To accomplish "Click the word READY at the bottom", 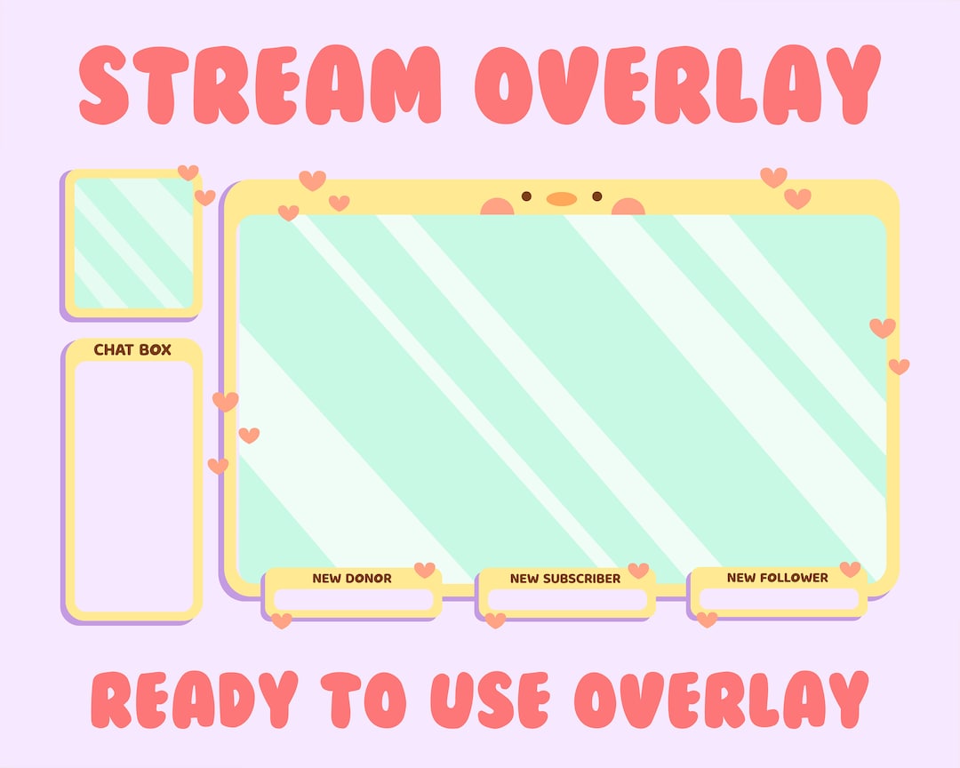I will point(195,700).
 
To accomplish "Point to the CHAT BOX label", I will point(132,350).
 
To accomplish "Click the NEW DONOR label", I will point(352,579).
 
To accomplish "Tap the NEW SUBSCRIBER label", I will point(565,579).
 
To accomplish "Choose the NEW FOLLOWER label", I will point(778,578).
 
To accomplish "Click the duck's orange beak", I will point(561,199).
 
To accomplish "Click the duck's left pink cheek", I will point(497,207).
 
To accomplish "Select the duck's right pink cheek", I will point(628,207).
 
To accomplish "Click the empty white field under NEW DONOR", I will point(353,600).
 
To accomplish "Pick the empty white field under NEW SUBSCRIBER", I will point(566,600).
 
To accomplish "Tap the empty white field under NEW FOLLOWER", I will point(779,599).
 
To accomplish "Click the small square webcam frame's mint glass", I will point(133,243).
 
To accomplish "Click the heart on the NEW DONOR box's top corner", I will point(425,570).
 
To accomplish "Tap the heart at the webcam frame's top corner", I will point(188,172).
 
